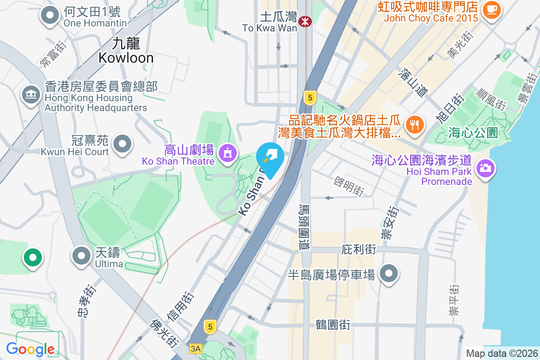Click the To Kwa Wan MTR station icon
coord(306,21)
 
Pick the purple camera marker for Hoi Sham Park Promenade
coord(485,169)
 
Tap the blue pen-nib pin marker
coord(270,158)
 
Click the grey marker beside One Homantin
coord(50,16)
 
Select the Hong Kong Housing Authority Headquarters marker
coord(31,94)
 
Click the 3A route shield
coord(195,348)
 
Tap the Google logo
coord(31,349)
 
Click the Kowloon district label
coord(126,50)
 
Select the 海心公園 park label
coord(472,132)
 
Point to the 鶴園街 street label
coord(333,325)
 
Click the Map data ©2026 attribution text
coord(502,353)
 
